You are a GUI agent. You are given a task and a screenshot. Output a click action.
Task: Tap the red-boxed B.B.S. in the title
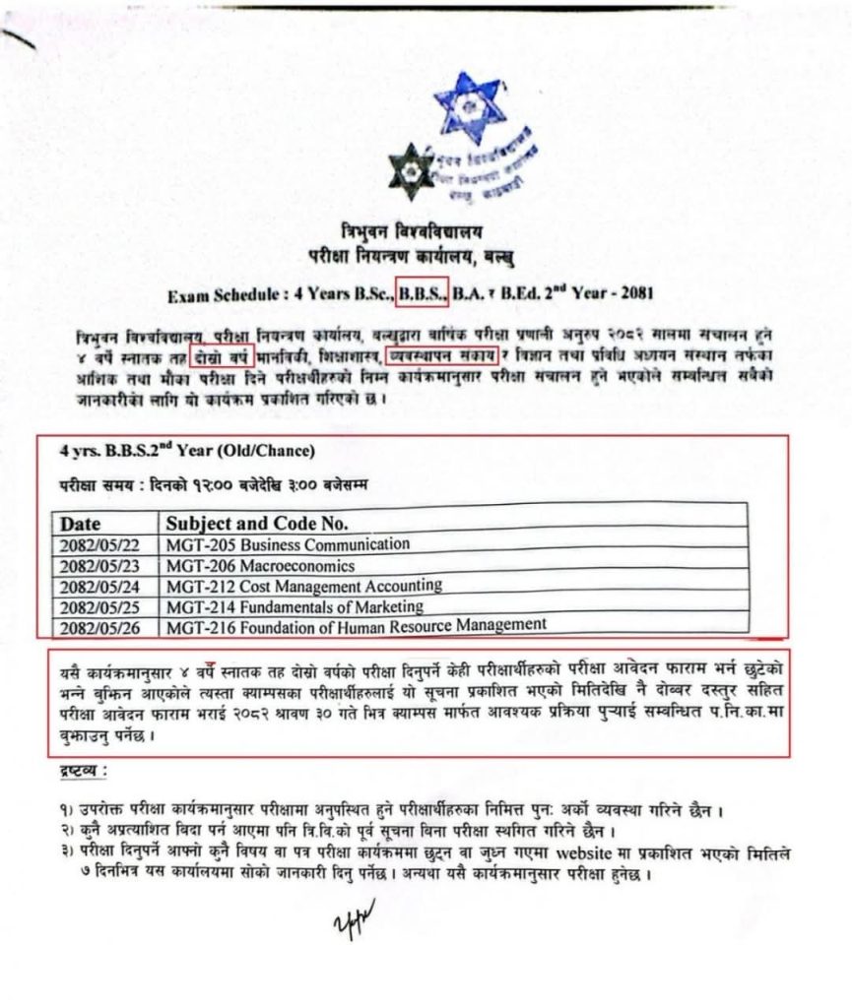click(423, 291)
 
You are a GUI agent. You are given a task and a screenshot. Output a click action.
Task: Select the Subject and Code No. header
click(257, 523)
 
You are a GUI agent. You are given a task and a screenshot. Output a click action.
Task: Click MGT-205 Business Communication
click(288, 544)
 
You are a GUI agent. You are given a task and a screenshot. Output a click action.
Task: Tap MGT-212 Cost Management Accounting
click(303, 586)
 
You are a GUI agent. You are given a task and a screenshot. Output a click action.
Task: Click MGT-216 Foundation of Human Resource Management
click(356, 625)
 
